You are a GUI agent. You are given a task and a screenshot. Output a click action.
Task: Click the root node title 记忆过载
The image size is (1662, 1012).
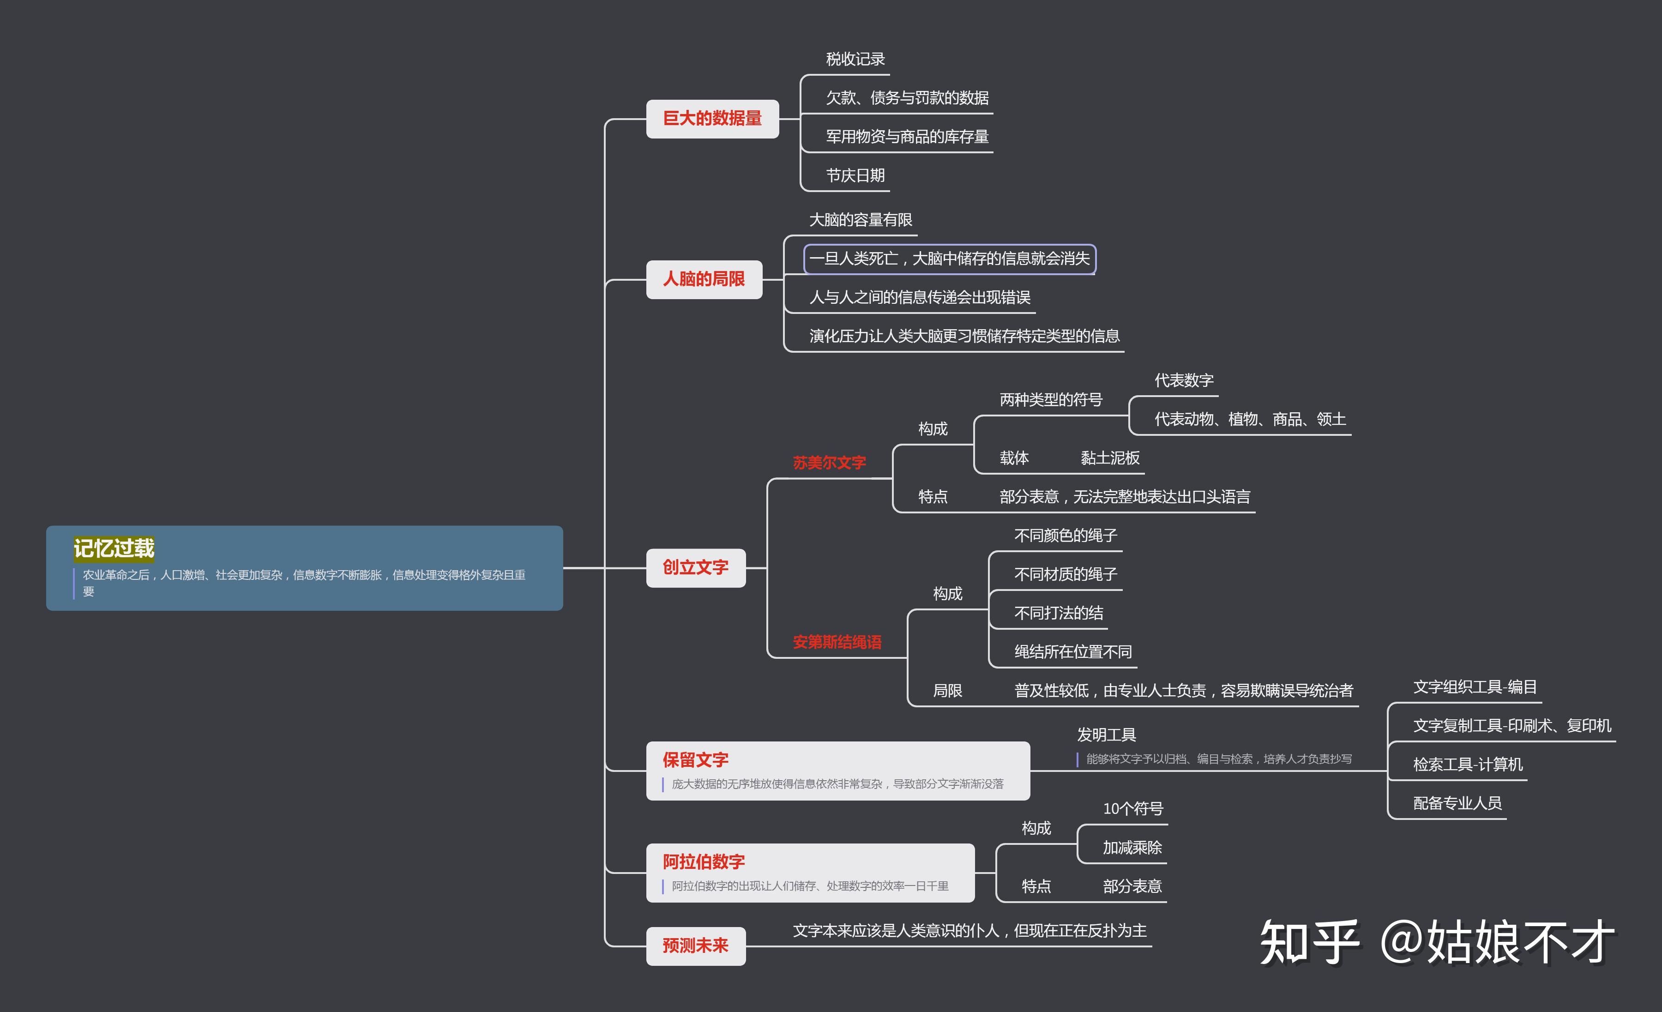tap(114, 548)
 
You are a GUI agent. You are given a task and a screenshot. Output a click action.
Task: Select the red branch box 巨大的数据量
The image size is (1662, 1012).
tap(712, 119)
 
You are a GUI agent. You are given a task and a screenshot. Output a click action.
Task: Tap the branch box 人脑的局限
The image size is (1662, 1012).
tap(704, 279)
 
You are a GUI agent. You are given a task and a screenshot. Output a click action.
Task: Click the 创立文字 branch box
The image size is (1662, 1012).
tap(695, 568)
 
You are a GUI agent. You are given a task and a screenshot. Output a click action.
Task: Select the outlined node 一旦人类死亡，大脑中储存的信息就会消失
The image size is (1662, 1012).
tap(949, 259)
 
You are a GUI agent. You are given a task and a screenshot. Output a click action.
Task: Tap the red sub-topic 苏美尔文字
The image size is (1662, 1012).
tap(829, 463)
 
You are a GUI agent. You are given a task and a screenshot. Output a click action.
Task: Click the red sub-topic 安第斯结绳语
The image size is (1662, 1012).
tap(837, 642)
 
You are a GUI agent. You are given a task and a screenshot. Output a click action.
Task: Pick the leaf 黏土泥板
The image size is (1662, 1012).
tap(1109, 458)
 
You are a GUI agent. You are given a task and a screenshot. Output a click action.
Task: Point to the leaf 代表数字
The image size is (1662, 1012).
tap(1184, 380)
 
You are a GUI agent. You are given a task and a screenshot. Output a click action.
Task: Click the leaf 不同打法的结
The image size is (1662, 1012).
tap(1058, 613)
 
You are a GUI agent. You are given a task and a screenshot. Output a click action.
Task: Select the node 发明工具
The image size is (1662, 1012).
tap(1106, 735)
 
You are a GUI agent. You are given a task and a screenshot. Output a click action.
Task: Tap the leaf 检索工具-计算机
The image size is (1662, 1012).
tap(1468, 765)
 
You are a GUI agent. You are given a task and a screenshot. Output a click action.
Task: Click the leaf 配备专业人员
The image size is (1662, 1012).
tap(1457, 803)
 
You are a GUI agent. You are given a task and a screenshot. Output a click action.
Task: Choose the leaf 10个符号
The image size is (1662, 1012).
tap(1132, 809)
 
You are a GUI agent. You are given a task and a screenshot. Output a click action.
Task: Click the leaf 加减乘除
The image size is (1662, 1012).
tap(1132, 848)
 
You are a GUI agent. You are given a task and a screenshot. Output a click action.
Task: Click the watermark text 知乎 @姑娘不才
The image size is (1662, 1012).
tap(1437, 942)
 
